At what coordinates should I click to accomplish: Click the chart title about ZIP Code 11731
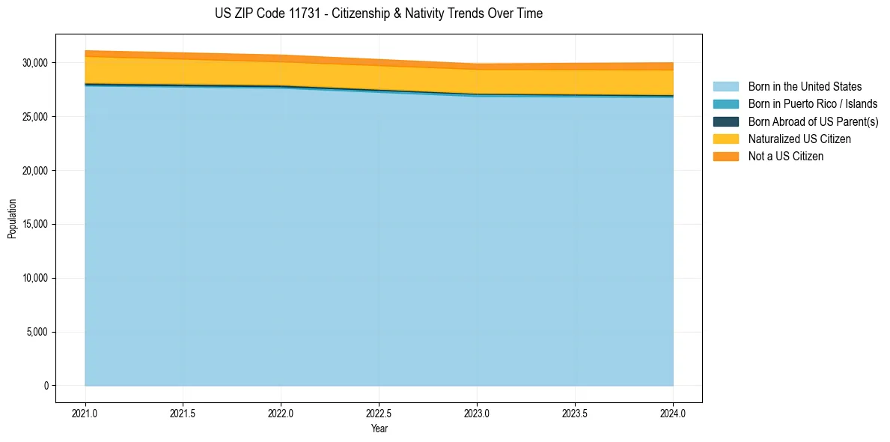coord(378,13)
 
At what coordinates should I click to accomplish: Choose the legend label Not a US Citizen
coord(785,157)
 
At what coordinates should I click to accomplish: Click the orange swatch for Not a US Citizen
coord(725,157)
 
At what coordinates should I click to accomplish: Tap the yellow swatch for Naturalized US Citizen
coord(725,139)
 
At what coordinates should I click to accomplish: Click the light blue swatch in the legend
coord(725,87)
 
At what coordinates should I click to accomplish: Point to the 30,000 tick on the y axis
coord(36,63)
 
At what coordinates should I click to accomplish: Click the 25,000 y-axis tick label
coord(36,117)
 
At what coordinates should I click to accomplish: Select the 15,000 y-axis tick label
coord(36,225)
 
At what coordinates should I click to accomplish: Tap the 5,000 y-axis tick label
coord(38,332)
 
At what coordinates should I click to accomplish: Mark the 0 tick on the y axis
coord(46,386)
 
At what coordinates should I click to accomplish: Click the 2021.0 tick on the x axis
coord(85,413)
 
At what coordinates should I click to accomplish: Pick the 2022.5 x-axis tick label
coord(379,413)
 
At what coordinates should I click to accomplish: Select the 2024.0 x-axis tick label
coord(673,413)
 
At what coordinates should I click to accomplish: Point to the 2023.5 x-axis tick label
coord(575,413)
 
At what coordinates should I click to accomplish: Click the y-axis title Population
coord(12,219)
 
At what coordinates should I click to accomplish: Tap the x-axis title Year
coord(379,429)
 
